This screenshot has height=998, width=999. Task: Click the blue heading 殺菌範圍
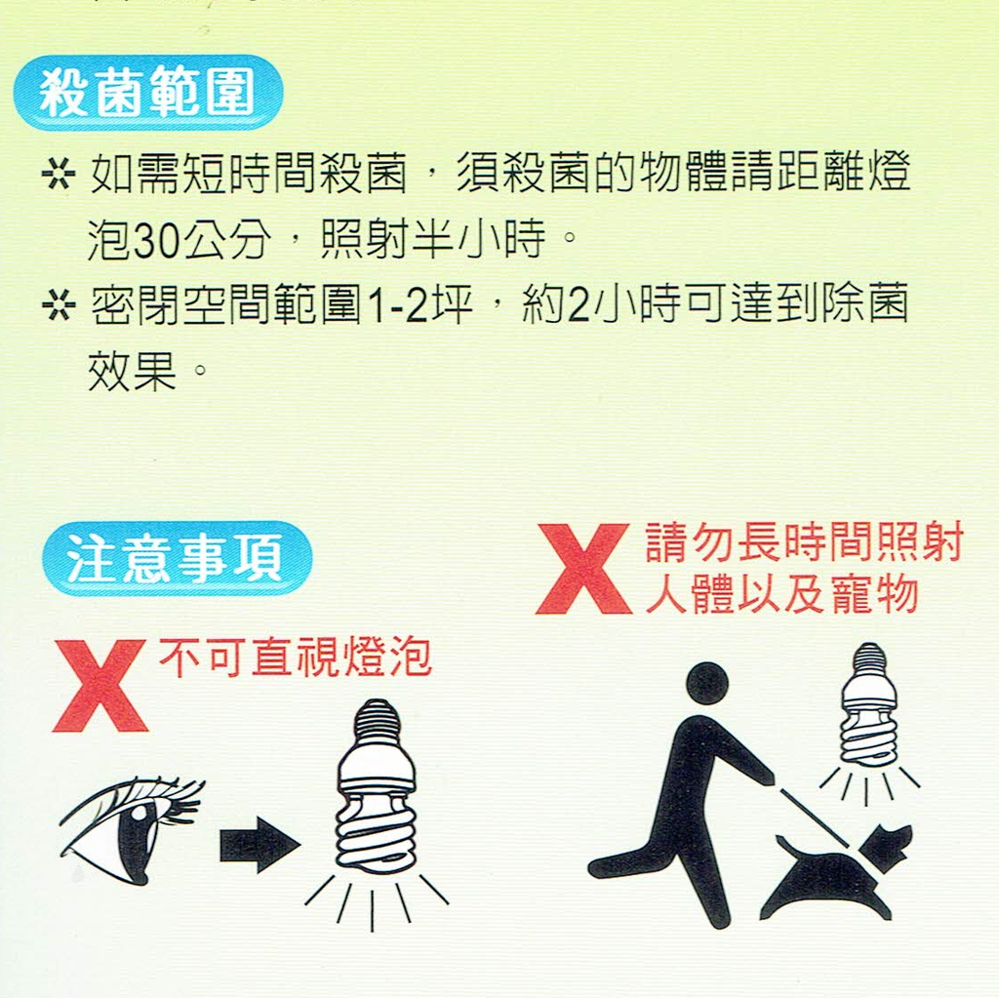tap(148, 93)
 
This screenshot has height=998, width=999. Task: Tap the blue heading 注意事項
tap(178, 559)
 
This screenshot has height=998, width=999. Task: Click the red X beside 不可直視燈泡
tap(100, 686)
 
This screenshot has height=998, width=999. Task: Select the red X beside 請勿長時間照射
tap(583, 569)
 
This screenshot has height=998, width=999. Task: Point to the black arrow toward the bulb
tap(260, 846)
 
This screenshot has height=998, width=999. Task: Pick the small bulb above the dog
tap(868, 703)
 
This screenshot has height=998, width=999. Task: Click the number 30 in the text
tap(157, 240)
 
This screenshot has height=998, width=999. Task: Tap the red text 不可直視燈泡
tap(295, 658)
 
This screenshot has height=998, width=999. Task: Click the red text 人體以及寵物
tap(781, 594)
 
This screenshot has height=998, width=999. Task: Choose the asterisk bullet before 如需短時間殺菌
tap(59, 174)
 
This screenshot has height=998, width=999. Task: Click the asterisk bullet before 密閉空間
tap(59, 304)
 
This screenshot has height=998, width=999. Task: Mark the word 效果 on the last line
tap(132, 371)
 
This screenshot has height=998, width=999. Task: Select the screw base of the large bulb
tap(378, 722)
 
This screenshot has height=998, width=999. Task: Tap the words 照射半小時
tap(433, 240)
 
